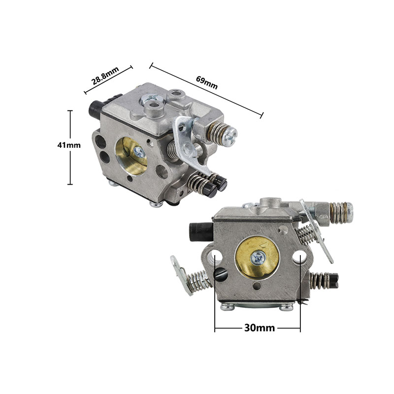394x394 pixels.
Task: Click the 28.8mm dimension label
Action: click(105, 78)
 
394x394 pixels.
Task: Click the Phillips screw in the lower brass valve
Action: click(258, 257)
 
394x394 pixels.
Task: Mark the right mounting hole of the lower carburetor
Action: click(298, 257)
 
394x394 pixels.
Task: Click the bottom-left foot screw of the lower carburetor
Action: click(227, 307)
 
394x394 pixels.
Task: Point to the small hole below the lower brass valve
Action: click(258, 287)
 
